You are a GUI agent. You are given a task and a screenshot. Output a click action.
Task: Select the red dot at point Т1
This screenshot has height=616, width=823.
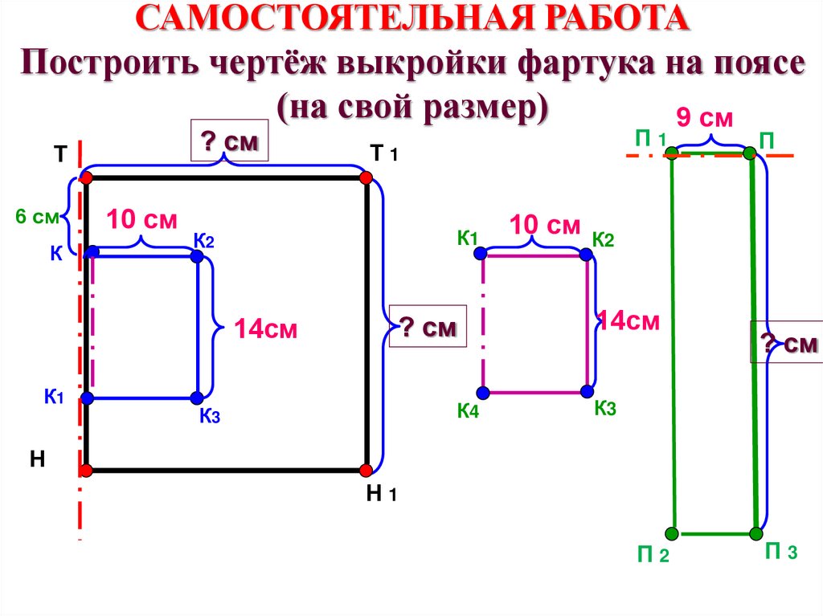(366, 177)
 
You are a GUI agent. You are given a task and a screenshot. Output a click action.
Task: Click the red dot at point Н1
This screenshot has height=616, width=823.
(366, 470)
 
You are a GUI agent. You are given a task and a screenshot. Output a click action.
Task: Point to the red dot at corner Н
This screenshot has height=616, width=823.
(86, 470)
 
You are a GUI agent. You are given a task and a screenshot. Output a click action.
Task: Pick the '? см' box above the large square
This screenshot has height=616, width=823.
(228, 142)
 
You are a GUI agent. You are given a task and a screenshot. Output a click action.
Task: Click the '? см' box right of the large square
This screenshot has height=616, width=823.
(428, 327)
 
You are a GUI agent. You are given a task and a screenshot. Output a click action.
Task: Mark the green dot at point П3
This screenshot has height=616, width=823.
(756, 533)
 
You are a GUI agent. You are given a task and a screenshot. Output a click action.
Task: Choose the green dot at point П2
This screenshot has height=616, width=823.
(672, 532)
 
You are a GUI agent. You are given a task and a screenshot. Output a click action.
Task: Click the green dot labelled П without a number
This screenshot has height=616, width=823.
(749, 153)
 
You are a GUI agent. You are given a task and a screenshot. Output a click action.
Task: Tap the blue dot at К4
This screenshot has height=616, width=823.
(482, 393)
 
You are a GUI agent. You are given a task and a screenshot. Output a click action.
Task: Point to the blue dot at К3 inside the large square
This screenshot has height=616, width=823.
(197, 398)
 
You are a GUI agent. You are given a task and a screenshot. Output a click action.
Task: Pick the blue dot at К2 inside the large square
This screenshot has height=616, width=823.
(197, 256)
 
